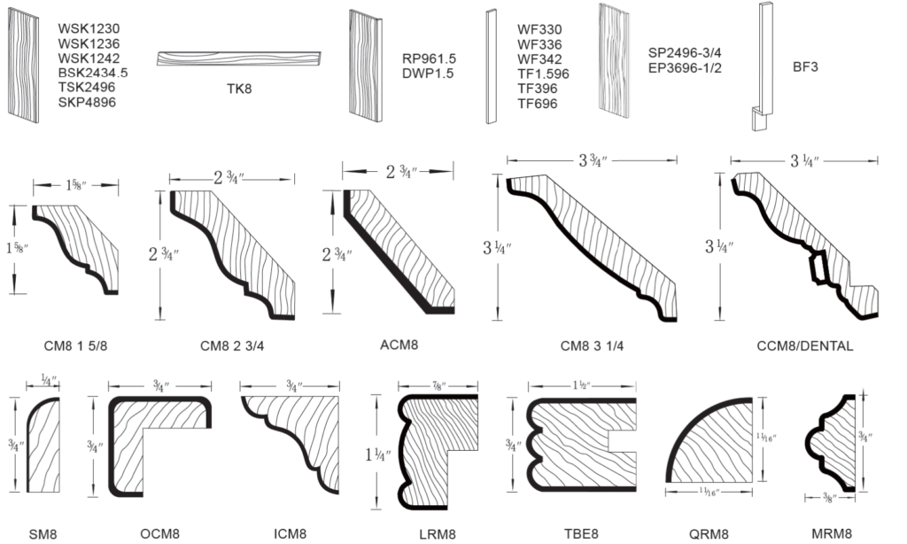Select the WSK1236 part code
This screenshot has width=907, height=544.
[89, 43]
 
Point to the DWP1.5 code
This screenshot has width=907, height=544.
[428, 74]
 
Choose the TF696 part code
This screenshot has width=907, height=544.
[538, 104]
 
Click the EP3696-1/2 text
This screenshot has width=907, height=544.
[685, 67]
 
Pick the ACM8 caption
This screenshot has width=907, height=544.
[399, 346]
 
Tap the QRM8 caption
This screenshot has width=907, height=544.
[709, 533]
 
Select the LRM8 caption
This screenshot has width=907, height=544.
[437, 533]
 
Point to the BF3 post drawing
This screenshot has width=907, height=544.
[764, 66]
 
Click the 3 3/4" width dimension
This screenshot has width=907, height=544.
[588, 161]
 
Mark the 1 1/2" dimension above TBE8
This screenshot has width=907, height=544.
[581, 386]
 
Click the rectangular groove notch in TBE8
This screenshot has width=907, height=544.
[624, 439]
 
